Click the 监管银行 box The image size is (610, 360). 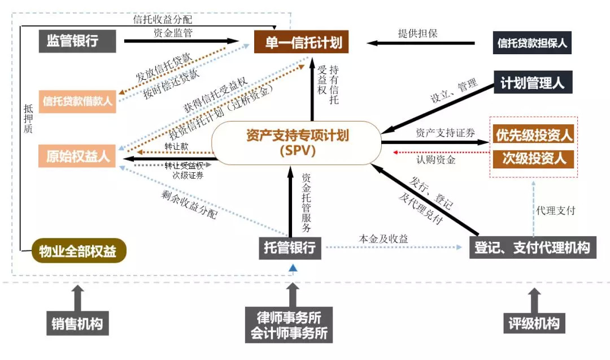coord(77,41)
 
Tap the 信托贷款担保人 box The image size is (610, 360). coord(531,42)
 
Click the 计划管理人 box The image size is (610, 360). coord(532,83)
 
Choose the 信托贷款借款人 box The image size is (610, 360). coord(77,101)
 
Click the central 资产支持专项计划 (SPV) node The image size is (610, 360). coord(297,143)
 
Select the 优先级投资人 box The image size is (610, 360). coord(533,135)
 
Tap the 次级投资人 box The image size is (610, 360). coord(533,158)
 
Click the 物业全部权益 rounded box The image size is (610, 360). coord(78,250)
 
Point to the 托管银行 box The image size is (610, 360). coord(290,248)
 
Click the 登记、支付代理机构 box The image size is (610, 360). coord(532,248)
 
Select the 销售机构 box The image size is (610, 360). coord(77,324)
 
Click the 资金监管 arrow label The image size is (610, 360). coord(173,33)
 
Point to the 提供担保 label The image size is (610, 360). coord(418,33)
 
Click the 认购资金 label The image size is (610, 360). coord(436,160)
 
